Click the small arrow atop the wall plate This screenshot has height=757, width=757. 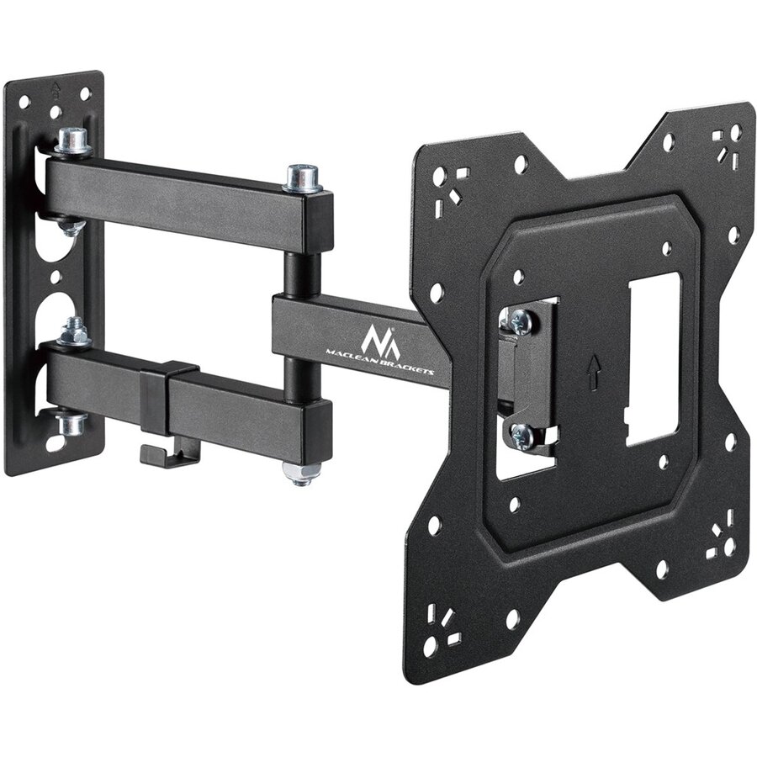coord(55,87)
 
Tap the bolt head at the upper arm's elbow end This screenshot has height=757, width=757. coord(303,177)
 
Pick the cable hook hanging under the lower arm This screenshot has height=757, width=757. coord(169,455)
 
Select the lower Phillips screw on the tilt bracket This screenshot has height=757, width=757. coord(521,435)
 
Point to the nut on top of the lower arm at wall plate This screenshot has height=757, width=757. coord(74,331)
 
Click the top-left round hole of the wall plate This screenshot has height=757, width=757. coord(24,102)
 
